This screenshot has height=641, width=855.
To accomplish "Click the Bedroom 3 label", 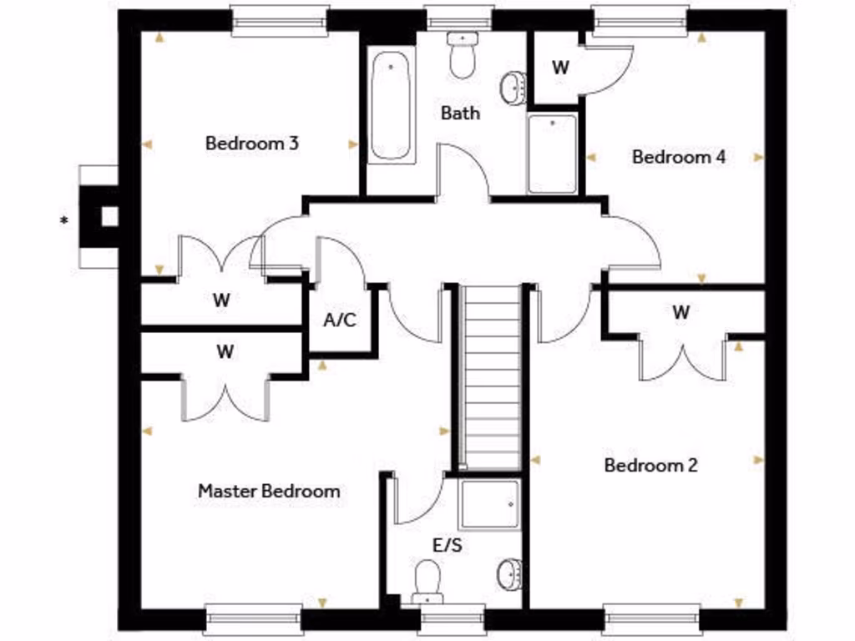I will (252, 143).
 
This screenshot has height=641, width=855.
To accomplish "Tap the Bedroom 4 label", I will (679, 156).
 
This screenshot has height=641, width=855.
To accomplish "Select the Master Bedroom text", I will (269, 491).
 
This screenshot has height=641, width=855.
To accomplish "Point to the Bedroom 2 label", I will (650, 465).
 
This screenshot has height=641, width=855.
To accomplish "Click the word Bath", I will (460, 112).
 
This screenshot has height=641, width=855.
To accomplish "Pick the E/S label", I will (448, 546).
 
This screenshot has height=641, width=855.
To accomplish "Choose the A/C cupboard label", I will (340, 320).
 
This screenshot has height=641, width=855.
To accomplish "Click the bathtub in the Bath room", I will (390, 106).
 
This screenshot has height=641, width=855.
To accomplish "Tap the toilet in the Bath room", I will (461, 54).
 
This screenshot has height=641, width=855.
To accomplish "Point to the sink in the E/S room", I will (508, 574).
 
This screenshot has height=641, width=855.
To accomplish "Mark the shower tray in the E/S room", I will (488, 504).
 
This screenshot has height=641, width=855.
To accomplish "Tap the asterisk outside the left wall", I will (63, 221).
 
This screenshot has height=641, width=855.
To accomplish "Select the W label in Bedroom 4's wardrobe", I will (560, 68).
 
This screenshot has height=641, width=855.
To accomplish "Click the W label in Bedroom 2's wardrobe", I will (681, 312).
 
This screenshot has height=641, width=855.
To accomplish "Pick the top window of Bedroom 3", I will (279, 21).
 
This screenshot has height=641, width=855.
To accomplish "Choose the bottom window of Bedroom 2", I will (651, 619).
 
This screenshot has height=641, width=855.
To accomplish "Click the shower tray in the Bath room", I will (552, 154).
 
